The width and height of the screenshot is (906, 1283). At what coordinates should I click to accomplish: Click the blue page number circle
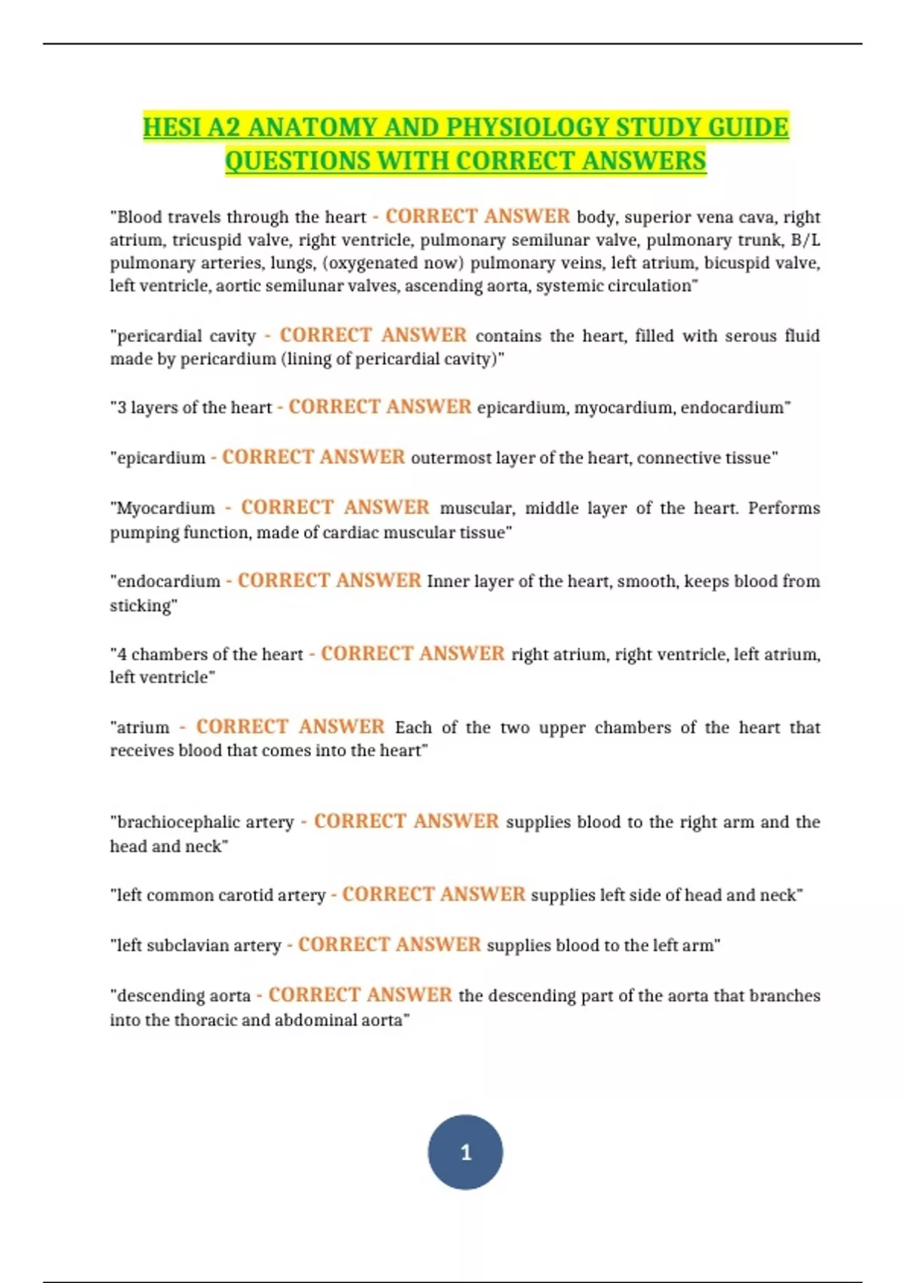(x=465, y=1152)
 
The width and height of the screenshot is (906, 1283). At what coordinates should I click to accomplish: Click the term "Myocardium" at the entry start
(x=165, y=508)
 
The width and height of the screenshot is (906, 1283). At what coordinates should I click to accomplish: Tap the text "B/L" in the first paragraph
(x=805, y=240)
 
